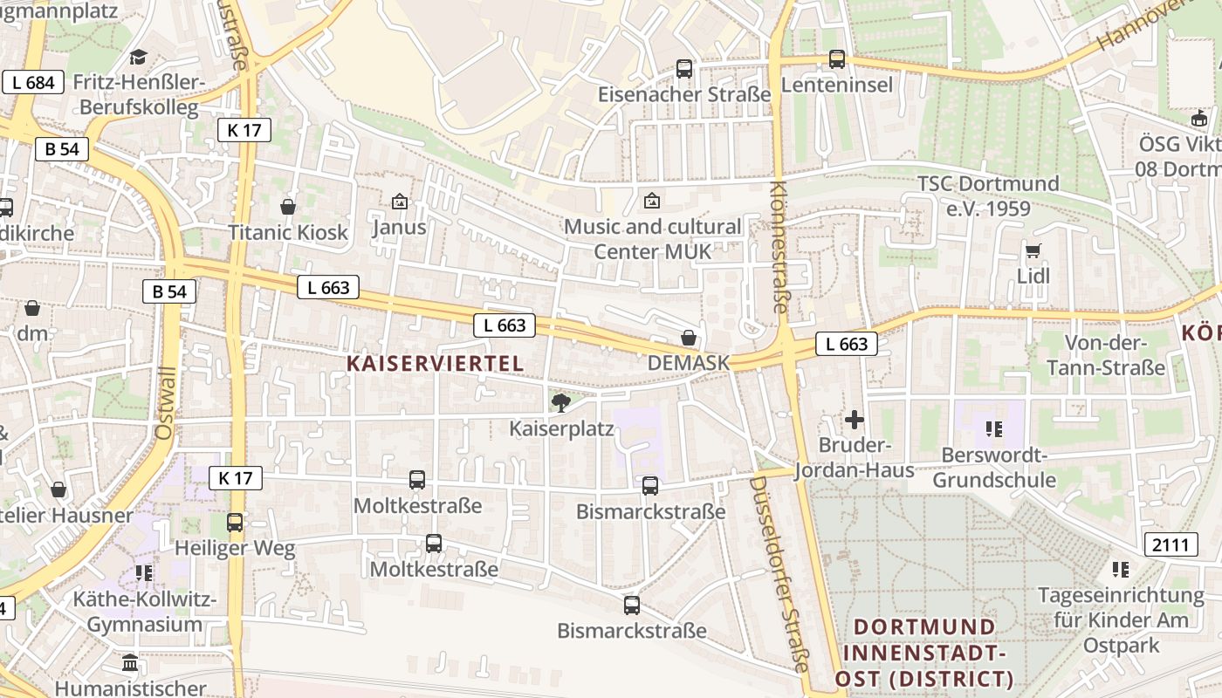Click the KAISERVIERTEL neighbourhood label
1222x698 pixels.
[x=435, y=363]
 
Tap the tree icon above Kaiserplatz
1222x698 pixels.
[x=560, y=402]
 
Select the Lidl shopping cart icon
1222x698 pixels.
[x=1033, y=251]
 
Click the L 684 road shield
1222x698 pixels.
[x=33, y=83]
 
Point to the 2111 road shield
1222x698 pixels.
[x=1170, y=545]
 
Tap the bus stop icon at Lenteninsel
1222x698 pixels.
[x=837, y=59]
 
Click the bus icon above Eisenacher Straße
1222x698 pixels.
[x=684, y=68]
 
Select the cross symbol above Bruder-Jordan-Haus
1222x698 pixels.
[x=855, y=420]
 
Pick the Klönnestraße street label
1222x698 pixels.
[x=779, y=247]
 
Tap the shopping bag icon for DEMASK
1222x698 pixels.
[x=689, y=338]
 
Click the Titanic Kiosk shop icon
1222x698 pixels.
[x=288, y=207]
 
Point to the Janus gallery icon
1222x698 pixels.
[x=400, y=202]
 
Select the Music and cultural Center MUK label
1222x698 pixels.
[x=652, y=239]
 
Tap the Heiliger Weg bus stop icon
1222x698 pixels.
[x=235, y=523]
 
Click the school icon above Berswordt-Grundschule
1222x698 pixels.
[x=993, y=428]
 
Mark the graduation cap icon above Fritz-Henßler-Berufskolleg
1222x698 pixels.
[x=139, y=58]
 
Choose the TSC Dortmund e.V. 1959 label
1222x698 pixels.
[x=987, y=196]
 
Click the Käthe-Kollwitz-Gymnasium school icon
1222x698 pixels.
[x=144, y=573]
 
